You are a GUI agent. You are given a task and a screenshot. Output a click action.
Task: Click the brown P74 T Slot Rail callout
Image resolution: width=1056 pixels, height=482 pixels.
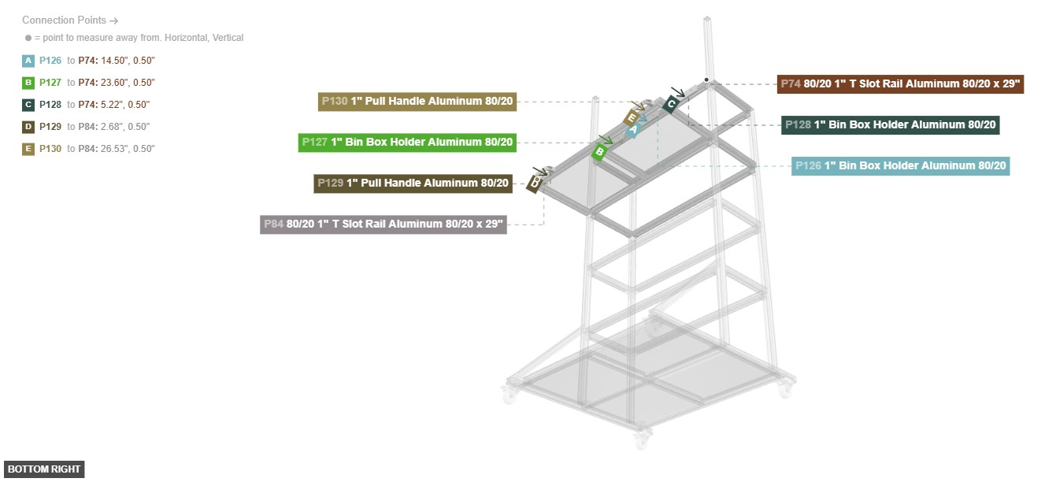(x=900, y=84)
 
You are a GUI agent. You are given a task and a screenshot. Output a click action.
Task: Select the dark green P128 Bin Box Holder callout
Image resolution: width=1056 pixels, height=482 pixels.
(x=890, y=125)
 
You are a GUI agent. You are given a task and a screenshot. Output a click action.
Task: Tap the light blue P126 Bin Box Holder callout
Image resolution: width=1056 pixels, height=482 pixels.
(x=900, y=166)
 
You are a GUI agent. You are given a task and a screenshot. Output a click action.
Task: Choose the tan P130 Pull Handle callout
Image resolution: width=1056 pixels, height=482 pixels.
(x=417, y=102)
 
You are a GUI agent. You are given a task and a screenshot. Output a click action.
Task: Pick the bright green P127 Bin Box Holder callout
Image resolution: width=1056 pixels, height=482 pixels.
(x=407, y=143)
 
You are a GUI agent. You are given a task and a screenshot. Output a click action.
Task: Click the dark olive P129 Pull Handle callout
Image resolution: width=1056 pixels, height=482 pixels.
(x=413, y=184)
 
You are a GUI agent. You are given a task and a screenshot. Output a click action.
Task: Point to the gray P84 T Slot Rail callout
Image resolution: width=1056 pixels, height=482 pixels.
(x=383, y=224)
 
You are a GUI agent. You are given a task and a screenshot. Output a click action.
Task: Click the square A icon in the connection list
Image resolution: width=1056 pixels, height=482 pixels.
(x=28, y=61)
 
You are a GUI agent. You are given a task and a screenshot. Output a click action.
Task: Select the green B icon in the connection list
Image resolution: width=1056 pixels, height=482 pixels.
(x=28, y=83)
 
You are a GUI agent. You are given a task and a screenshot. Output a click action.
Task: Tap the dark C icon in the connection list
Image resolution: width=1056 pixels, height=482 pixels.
(x=28, y=105)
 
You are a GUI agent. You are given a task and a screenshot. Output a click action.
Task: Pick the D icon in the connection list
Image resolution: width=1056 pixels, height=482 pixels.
(x=28, y=127)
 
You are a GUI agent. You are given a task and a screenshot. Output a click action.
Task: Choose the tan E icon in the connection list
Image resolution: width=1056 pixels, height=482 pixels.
(x=28, y=149)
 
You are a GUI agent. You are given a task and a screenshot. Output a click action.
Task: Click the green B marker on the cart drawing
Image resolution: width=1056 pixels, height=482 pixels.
(x=599, y=152)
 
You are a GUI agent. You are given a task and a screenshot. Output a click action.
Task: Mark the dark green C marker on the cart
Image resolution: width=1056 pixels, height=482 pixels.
(x=671, y=104)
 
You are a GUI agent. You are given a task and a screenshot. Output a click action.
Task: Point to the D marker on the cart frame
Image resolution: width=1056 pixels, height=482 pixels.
(x=535, y=184)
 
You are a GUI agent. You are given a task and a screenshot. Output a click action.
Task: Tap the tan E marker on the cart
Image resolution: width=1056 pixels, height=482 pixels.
(x=632, y=117)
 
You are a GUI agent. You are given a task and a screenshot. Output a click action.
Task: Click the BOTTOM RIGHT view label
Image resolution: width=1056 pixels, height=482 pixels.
(x=44, y=469)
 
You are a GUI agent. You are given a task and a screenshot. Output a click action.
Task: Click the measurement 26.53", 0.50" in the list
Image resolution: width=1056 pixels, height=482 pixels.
(x=128, y=149)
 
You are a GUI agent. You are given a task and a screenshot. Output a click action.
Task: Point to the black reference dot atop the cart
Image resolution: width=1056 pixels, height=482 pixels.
(x=706, y=80)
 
